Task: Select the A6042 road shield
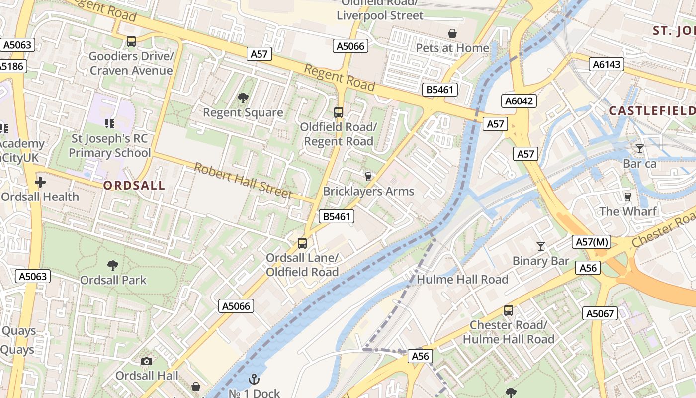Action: [x=519, y=101]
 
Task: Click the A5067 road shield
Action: [x=601, y=313]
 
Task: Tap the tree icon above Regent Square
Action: [x=243, y=98]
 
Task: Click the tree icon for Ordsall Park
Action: [x=113, y=266]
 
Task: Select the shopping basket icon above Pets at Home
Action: [x=452, y=33]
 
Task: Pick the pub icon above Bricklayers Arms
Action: [x=368, y=176]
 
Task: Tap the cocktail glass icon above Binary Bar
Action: [x=540, y=246]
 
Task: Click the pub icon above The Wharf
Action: [x=627, y=197]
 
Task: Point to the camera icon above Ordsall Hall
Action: [x=147, y=361]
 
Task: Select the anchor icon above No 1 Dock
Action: [x=254, y=379]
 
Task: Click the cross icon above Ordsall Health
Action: [x=40, y=182]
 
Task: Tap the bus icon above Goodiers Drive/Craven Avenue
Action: [x=131, y=41]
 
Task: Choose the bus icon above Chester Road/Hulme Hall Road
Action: [x=508, y=310]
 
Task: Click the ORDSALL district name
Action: [x=134, y=186]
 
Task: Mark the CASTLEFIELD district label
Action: [x=652, y=111]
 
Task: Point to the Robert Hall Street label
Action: [x=243, y=180]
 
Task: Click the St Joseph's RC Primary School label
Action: [x=110, y=145]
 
